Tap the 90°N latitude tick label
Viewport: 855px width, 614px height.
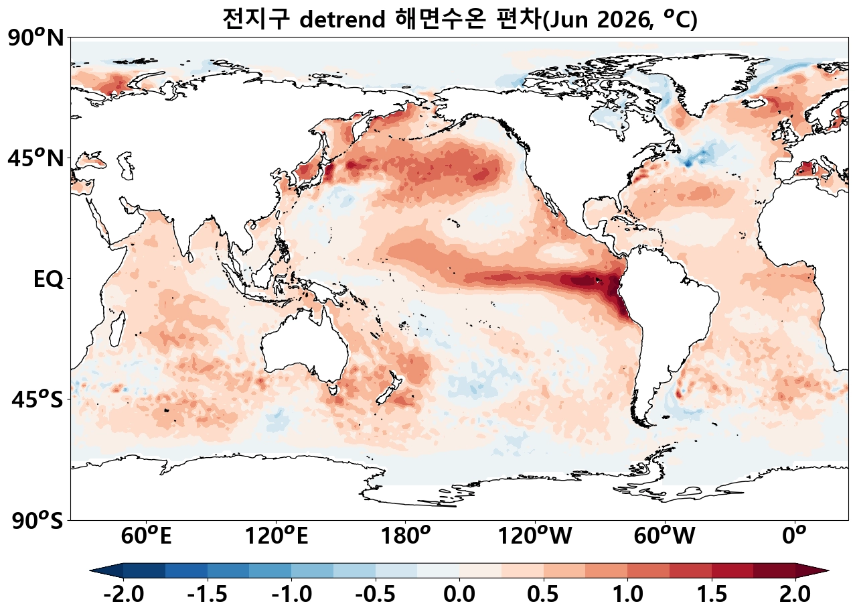click(36, 38)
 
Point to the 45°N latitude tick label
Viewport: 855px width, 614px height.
click(36, 159)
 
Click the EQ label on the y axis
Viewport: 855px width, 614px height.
click(48, 280)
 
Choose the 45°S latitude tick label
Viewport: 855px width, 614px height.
click(37, 400)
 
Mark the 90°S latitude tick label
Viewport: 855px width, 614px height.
click(37, 520)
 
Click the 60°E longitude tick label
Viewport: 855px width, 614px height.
click(146, 536)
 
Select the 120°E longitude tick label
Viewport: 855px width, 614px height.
click(277, 536)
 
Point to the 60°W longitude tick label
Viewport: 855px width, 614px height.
click(664, 536)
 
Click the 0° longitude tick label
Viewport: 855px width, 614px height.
click(795, 536)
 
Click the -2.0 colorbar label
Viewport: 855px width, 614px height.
click(123, 594)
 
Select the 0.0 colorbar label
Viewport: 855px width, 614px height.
click(459, 594)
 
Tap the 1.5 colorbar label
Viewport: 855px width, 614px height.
click(711, 594)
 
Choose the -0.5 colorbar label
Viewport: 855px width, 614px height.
click(375, 594)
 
